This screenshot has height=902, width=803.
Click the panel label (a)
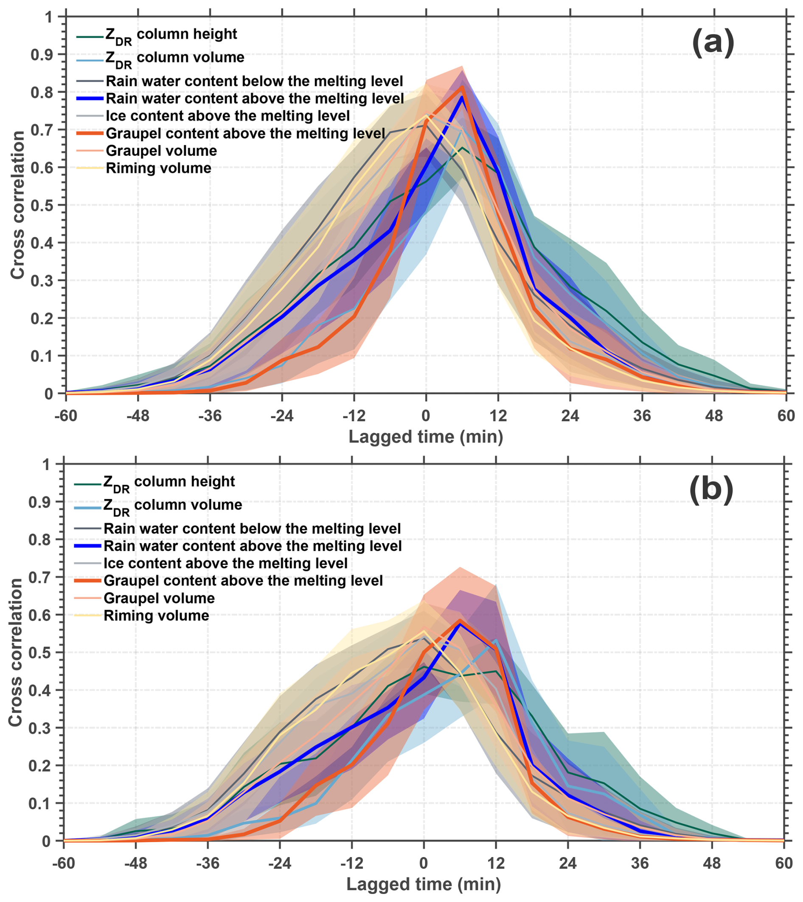pos(713,45)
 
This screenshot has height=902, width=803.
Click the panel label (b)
pos(711,492)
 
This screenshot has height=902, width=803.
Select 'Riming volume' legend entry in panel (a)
pos(158,168)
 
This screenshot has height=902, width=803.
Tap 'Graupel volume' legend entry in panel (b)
pos(159,598)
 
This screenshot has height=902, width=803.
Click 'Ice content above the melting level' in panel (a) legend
pos(228,116)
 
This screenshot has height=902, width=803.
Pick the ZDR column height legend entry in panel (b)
pos(169,482)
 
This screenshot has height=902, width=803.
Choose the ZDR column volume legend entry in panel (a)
pos(175,58)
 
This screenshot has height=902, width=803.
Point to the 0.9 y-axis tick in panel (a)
pos(42,55)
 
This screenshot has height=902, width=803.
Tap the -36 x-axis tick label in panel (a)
pos(210,416)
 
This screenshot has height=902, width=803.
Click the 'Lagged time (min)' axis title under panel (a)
pos(426,437)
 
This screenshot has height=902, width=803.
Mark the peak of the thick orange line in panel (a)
pos(462,87)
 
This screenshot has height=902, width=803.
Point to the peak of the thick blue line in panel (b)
pos(460,623)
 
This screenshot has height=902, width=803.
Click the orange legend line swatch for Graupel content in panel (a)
pos(89,133)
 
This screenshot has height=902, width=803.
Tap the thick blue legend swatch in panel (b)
pos(87,546)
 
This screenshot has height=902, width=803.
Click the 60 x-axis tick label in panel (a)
pos(786,416)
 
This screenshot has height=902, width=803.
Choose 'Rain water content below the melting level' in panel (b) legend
pos(252,529)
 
